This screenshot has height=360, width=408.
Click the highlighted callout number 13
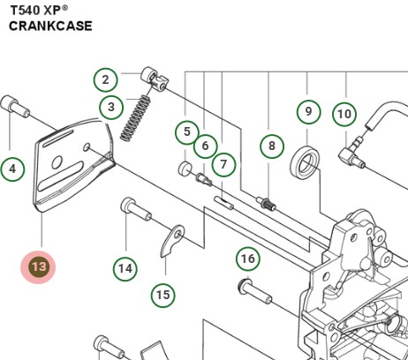(x=38, y=266)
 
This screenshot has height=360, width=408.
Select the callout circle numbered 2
(x=105, y=80)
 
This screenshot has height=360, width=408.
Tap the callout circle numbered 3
(x=111, y=108)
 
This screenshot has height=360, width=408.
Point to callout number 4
(x=12, y=168)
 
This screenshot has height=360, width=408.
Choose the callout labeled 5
(x=186, y=132)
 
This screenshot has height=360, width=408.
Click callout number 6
(x=205, y=146)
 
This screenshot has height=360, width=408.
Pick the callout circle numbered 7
(x=224, y=164)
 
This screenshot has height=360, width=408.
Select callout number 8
(x=272, y=146)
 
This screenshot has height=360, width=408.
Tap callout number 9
(x=308, y=111)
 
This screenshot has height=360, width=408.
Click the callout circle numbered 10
(x=344, y=114)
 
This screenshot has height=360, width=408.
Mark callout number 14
(x=125, y=268)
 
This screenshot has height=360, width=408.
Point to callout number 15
(x=162, y=295)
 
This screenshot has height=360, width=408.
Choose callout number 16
(x=248, y=259)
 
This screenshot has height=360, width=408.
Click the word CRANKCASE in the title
(x=51, y=26)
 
